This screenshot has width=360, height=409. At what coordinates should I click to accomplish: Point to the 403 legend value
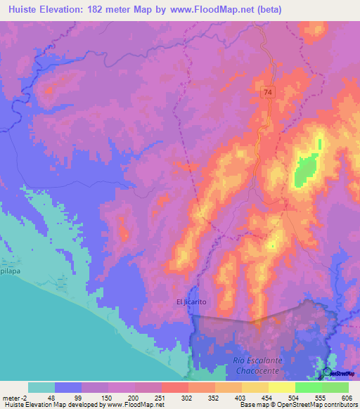tap(241, 398)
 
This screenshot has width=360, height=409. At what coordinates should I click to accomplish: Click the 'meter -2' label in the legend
tap(15, 398)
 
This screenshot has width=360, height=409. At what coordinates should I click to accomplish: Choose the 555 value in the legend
tap(321, 398)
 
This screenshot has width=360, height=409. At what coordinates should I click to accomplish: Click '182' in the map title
tap(108, 7)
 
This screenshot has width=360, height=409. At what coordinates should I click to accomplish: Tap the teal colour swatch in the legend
tap(41, 387)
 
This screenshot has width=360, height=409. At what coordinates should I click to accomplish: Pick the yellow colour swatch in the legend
tap(282, 387)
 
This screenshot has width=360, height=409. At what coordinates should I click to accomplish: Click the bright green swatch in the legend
tap(309, 387)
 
